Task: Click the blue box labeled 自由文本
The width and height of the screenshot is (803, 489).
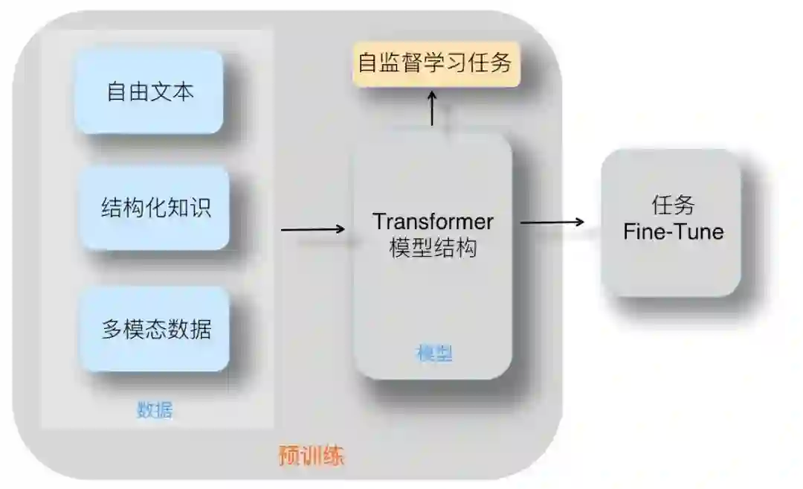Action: (x=150, y=92)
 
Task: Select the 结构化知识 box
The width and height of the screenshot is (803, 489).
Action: (x=155, y=208)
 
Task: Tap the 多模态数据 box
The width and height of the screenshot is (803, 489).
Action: (x=155, y=328)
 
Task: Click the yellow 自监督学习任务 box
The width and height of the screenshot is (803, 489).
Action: (x=435, y=63)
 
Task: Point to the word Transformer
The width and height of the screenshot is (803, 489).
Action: (x=433, y=222)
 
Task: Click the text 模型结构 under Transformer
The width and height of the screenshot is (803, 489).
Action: (x=433, y=248)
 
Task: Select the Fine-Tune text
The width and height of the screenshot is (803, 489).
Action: (x=673, y=231)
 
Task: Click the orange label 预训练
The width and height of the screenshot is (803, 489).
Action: (x=312, y=455)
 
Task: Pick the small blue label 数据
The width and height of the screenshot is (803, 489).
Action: (x=155, y=410)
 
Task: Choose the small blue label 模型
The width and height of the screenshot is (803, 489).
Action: (x=433, y=354)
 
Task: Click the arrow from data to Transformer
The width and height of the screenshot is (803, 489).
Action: (x=313, y=228)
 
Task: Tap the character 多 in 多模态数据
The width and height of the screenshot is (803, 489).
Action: (x=112, y=328)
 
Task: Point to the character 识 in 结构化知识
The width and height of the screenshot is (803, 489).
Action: (x=201, y=208)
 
